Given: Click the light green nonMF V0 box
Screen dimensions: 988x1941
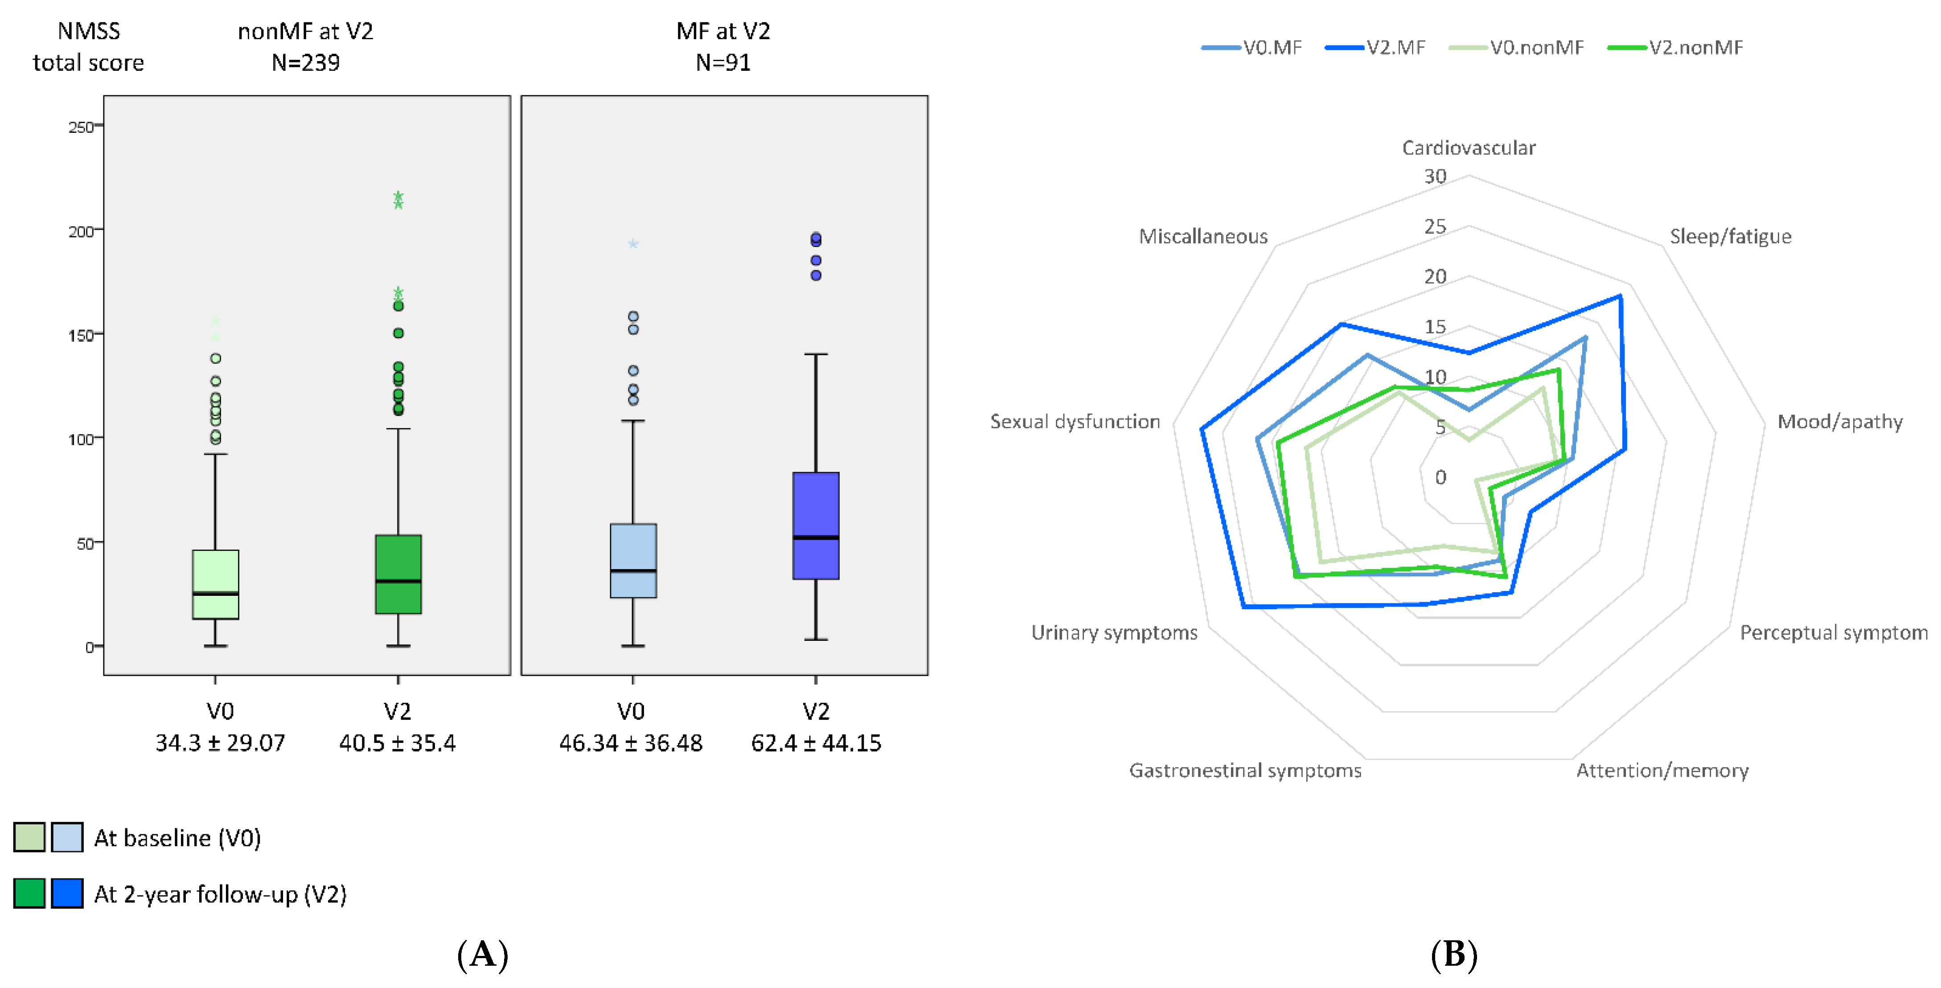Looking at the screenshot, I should pos(216,584).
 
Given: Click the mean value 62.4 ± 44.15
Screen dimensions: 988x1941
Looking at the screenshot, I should pos(816,743).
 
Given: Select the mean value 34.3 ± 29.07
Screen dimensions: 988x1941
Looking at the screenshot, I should pos(220,743).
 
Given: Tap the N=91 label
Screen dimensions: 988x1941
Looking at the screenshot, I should pos(722,62).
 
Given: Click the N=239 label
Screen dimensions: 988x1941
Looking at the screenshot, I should pos(305,62).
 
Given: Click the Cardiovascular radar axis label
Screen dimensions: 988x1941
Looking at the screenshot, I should pos(1468,148).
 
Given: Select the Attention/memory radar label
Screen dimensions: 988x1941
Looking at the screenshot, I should pos(1662,770).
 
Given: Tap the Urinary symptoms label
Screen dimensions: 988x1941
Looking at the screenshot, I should pos(1114,632).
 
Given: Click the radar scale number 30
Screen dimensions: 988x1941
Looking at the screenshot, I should pos(1435,176).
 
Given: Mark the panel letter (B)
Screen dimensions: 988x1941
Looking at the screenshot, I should pos(1453,955).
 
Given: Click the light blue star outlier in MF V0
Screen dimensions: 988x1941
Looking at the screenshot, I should pos(633,244).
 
